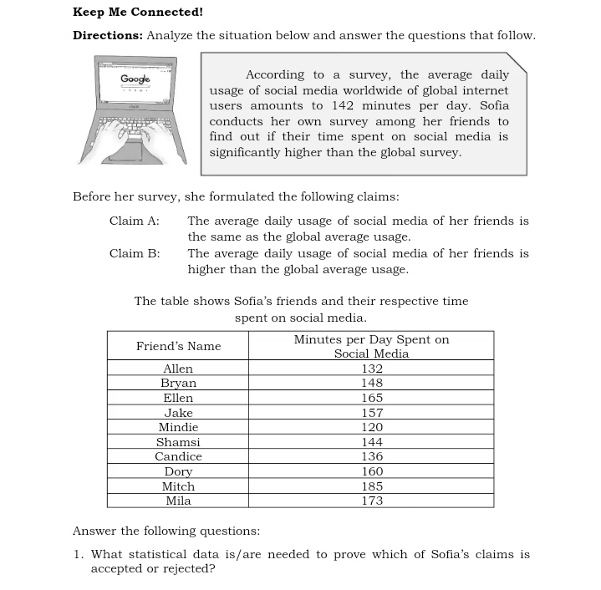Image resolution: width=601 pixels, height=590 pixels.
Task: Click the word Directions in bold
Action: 107,35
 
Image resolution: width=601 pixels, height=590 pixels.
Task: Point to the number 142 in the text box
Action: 343,105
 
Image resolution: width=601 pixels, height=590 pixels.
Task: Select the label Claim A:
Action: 134,221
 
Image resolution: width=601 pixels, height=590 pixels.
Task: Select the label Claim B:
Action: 134,253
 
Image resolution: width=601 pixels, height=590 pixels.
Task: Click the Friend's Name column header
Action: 178,346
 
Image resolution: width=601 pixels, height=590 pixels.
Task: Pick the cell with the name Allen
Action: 178,369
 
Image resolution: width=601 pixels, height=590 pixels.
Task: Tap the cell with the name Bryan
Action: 178,384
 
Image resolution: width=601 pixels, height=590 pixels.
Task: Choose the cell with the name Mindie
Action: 178,427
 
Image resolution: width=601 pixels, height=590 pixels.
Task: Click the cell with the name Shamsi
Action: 178,442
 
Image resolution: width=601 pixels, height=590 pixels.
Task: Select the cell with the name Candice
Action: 178,456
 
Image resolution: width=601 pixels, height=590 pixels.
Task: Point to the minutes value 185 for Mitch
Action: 372,486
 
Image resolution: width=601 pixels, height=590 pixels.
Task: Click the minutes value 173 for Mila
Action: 372,501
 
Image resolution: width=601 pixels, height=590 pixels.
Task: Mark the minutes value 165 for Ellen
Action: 372,398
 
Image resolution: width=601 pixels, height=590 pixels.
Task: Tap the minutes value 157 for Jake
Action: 372,413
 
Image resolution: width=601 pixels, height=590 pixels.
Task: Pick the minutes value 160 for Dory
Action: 372,471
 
